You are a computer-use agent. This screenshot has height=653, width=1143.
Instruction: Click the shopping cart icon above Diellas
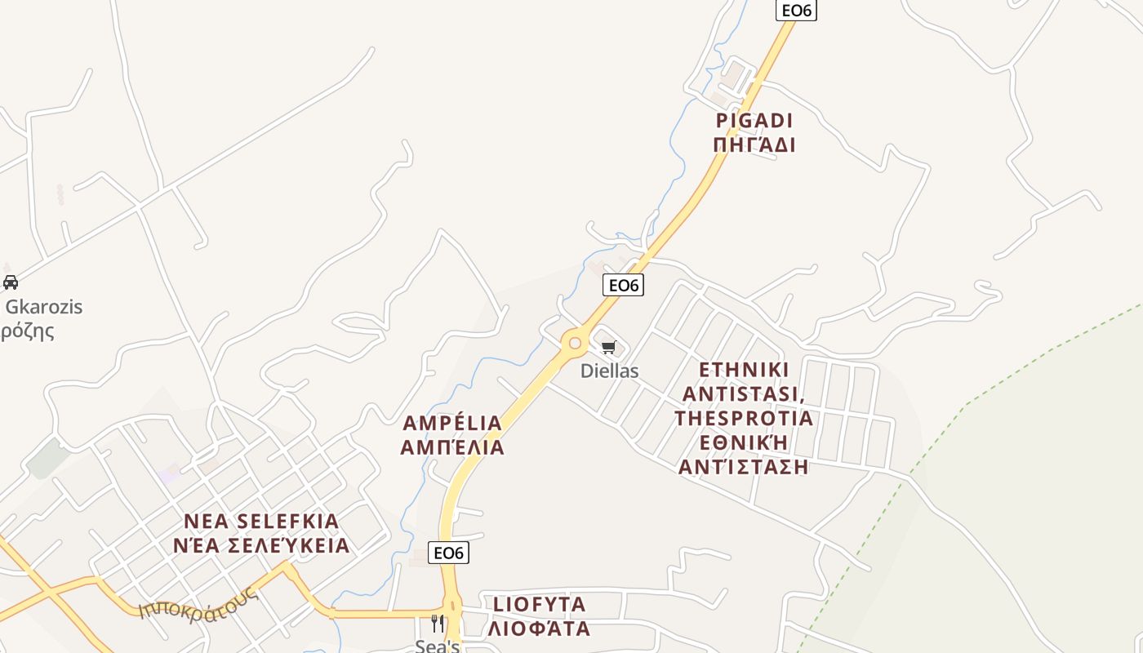click(x=608, y=348)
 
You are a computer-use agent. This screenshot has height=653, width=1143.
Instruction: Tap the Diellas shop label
click(x=609, y=371)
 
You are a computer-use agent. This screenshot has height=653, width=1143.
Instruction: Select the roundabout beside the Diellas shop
click(x=575, y=344)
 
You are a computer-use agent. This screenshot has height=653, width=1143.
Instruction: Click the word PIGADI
click(x=754, y=121)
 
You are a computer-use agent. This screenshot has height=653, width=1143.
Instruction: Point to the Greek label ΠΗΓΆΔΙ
click(x=754, y=145)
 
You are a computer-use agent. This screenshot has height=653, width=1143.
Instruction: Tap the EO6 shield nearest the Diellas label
click(x=623, y=285)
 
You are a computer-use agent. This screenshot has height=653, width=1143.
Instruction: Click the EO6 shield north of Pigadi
click(x=796, y=10)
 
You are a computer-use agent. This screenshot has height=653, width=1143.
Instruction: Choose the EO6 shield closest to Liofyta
click(x=449, y=553)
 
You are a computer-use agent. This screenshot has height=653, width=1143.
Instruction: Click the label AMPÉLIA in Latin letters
click(x=452, y=423)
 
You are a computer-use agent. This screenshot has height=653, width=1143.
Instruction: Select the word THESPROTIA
click(x=744, y=418)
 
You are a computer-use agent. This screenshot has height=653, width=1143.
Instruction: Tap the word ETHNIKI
click(x=744, y=370)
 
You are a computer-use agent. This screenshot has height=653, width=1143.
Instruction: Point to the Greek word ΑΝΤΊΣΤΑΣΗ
click(x=744, y=467)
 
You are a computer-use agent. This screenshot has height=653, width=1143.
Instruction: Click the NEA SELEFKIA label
click(x=261, y=521)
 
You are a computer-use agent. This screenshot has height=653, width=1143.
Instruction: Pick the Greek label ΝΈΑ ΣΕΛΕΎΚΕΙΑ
click(x=261, y=545)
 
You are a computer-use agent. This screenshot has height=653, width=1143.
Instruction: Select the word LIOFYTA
click(x=540, y=604)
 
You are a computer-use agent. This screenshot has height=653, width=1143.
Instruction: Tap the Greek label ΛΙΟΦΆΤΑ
click(x=540, y=629)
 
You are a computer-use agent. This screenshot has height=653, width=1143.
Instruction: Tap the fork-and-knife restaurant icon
click(x=438, y=624)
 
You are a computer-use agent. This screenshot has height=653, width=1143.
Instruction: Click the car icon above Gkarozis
click(x=11, y=282)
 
